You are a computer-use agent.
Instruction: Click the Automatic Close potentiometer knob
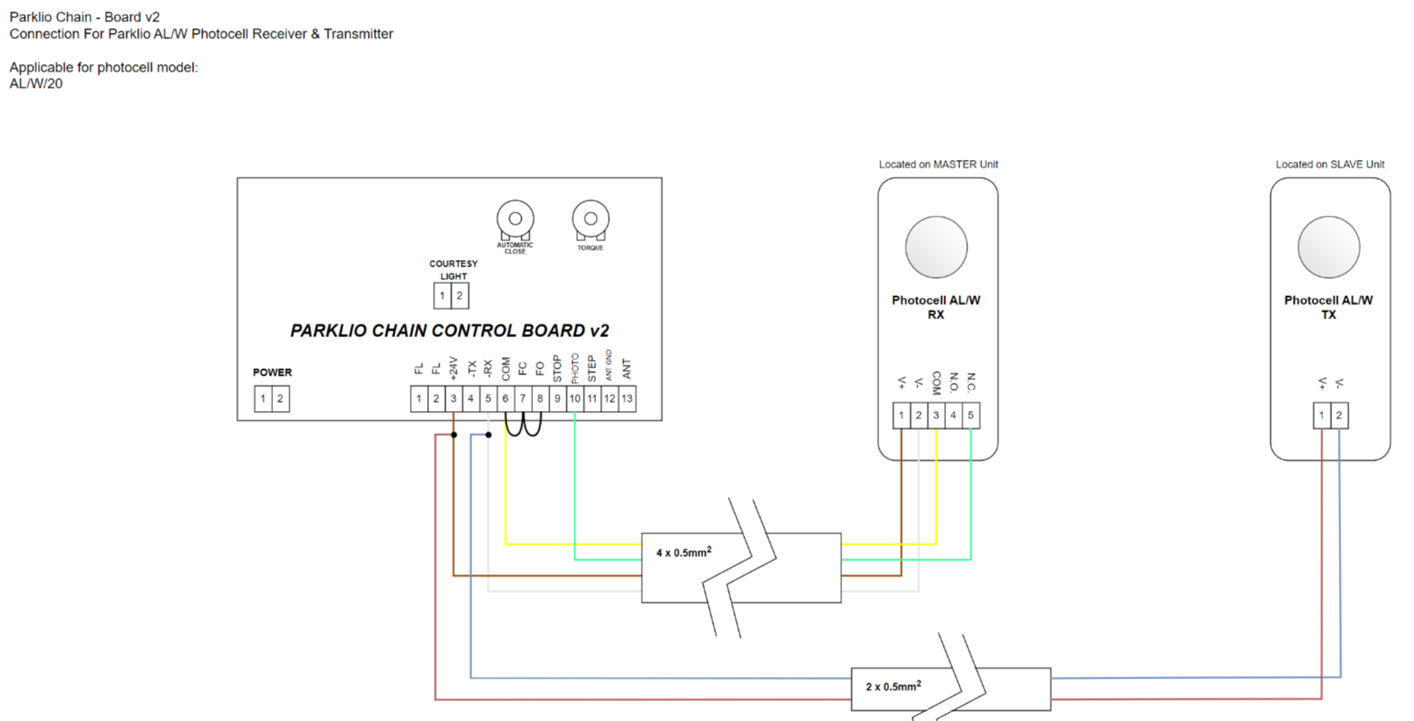tap(515, 219)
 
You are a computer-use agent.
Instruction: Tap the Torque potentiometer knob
tap(590, 219)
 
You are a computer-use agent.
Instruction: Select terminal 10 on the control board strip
tap(575, 399)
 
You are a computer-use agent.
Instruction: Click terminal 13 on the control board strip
tap(627, 399)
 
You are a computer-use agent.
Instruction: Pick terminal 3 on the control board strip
tap(453, 399)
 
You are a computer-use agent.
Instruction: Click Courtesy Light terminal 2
tap(460, 295)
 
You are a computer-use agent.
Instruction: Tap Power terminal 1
tap(263, 399)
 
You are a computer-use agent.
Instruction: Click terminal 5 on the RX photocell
tap(971, 415)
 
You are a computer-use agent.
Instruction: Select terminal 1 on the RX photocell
tap(902, 415)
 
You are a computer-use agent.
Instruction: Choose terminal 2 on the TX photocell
tap(1339, 415)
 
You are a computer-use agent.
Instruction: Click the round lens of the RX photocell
tap(936, 247)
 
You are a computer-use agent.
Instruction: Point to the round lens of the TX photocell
tap(1329, 247)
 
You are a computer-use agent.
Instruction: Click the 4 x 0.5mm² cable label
tap(684, 552)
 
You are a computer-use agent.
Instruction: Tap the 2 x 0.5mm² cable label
tap(893, 686)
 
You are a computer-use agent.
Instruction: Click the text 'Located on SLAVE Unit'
tap(1330, 164)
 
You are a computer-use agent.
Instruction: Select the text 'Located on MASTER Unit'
tap(939, 164)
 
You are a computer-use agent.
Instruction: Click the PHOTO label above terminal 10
tap(575, 368)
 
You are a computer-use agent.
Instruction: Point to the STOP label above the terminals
tap(557, 368)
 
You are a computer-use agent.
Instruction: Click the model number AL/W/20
tap(36, 84)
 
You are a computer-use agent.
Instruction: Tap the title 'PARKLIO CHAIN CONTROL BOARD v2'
tap(449, 331)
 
